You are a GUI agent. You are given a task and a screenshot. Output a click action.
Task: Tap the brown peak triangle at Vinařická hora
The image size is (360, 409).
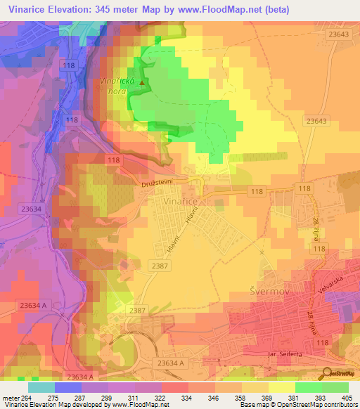point(142,83)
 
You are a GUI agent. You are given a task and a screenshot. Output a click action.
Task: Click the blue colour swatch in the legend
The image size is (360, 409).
point(68,387)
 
